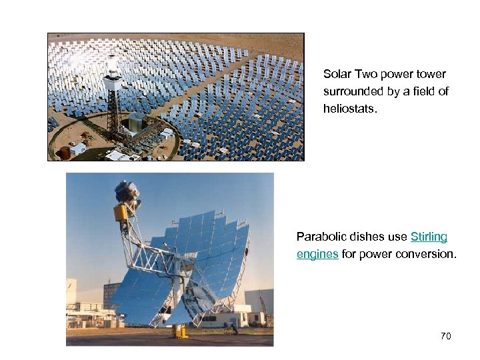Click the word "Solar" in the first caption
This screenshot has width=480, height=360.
pyautogui.click(x=335, y=74)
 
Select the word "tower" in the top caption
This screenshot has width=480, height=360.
pyautogui.click(x=431, y=74)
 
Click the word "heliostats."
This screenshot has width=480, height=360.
pyautogui.click(x=350, y=109)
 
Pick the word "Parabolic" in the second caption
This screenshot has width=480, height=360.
pyautogui.click(x=319, y=237)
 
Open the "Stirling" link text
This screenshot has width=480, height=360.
pyautogui.click(x=429, y=237)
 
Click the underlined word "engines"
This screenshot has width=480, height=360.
pyautogui.click(x=317, y=254)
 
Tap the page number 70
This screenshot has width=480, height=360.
pyautogui.click(x=446, y=336)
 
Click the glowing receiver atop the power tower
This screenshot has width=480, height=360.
pyautogui.click(x=113, y=69)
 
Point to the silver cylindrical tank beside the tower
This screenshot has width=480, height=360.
pyautogui.click(x=137, y=123)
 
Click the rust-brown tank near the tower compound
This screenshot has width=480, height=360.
pyautogui.click(x=65, y=152)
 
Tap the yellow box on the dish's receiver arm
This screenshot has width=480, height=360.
pyautogui.click(x=121, y=213)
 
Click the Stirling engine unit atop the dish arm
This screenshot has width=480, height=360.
pyautogui.click(x=127, y=191)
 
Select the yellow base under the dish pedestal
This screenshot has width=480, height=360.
pyautogui.click(x=180, y=331)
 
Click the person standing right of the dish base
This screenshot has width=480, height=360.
pyautogui.click(x=234, y=327)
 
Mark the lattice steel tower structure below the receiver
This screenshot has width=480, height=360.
pyautogui.click(x=114, y=113)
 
